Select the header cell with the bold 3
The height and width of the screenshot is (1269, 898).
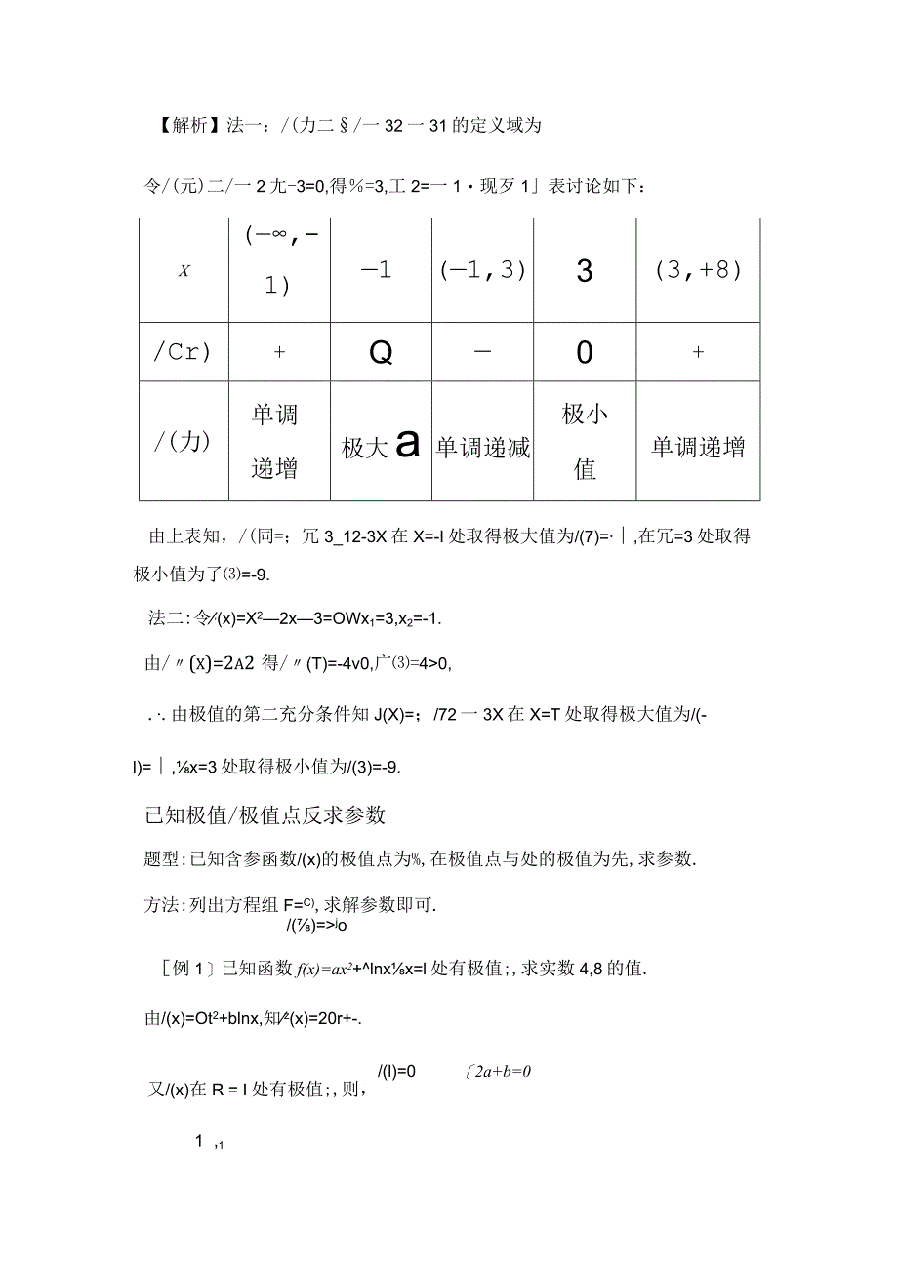click(585, 271)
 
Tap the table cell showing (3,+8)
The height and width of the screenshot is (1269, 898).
click(698, 270)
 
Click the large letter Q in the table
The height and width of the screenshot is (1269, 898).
click(381, 353)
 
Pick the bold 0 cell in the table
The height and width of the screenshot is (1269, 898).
click(585, 353)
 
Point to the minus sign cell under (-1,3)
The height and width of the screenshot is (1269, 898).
click(482, 352)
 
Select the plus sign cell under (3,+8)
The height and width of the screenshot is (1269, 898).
click(698, 353)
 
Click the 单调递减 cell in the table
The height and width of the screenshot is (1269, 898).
click(482, 447)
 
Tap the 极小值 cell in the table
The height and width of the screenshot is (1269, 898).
click(585, 442)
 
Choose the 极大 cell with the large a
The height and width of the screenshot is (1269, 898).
click(381, 446)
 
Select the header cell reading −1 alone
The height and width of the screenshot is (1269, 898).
click(377, 270)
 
